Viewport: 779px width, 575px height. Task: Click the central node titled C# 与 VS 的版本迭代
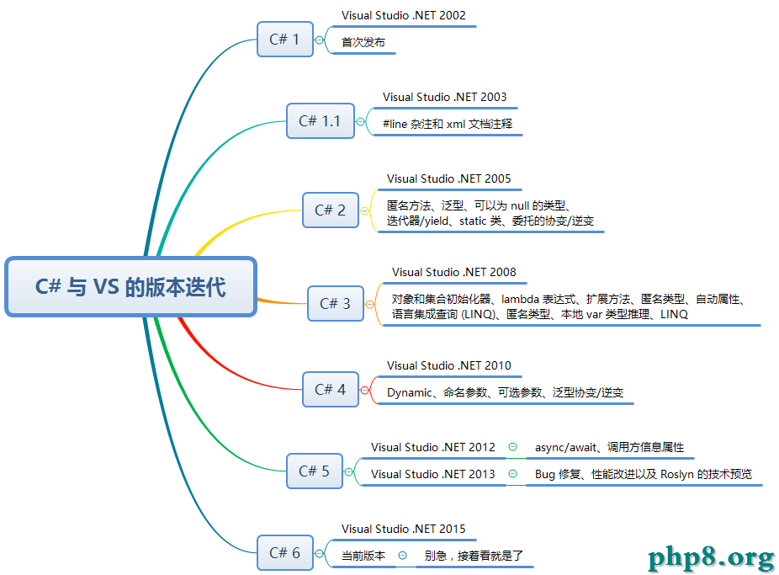(130, 287)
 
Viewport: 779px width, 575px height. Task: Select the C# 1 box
(285, 40)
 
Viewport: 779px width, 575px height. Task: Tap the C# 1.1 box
(321, 120)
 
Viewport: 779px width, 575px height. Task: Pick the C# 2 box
(331, 210)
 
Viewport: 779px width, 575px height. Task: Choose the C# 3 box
(336, 304)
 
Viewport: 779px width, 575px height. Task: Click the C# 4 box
(331, 390)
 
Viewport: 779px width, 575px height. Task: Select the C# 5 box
(315, 471)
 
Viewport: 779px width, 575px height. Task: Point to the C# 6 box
(285, 552)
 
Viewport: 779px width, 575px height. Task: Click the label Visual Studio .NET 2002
(404, 15)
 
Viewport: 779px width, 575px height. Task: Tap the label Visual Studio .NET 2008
(454, 272)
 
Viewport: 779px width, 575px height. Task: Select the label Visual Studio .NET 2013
(432, 474)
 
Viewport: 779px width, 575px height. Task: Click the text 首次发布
(363, 42)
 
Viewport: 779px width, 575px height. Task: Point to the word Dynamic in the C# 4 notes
(410, 392)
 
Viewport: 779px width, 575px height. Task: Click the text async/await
(565, 447)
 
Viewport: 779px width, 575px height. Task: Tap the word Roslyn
(676, 474)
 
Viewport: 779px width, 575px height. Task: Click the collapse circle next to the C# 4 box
(364, 390)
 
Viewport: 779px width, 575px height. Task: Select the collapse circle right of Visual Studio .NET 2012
(512, 447)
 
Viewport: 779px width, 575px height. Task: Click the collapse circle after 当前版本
(403, 555)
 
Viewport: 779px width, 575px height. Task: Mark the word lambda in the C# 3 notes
(520, 299)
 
